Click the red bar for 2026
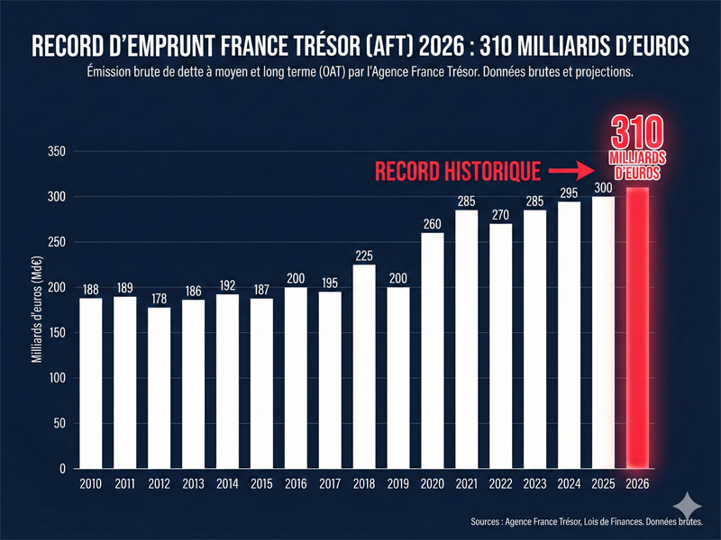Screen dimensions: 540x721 pyautogui.click(x=637, y=328)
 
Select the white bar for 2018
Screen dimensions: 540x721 pyautogui.click(x=364, y=366)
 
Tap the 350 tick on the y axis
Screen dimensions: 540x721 pyautogui.click(x=56, y=151)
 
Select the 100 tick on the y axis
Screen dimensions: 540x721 pyautogui.click(x=56, y=378)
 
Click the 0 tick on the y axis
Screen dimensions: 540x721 pyautogui.click(x=63, y=469)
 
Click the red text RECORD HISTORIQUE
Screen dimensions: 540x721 pyautogui.click(x=458, y=169)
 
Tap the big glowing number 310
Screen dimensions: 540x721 pyautogui.click(x=636, y=130)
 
